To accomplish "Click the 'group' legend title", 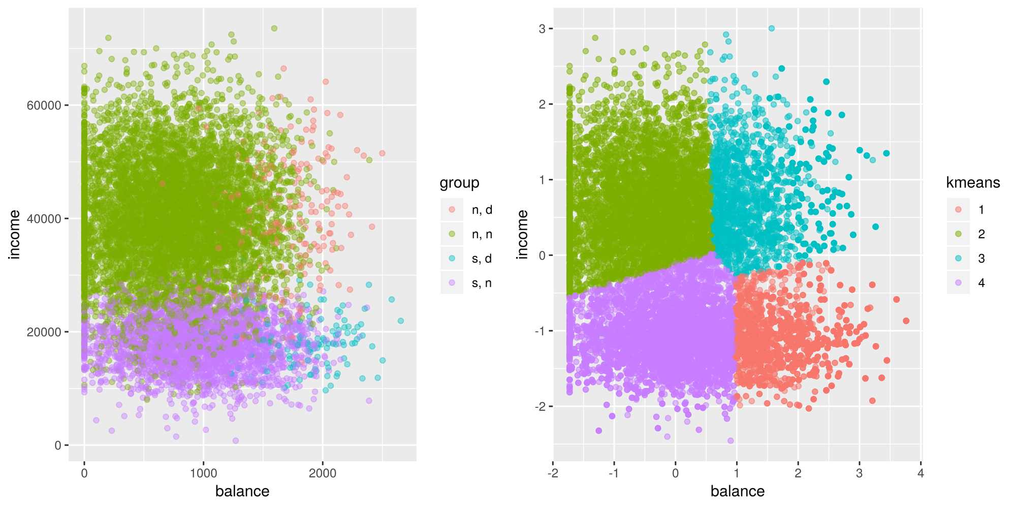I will (x=459, y=183).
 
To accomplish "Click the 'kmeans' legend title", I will (x=973, y=183).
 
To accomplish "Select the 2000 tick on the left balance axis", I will (x=322, y=473).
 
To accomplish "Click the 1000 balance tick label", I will (x=203, y=473).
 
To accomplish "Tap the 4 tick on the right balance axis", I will (x=920, y=473).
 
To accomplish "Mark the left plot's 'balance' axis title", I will (x=242, y=492).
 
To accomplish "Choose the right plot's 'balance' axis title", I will (x=737, y=492).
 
